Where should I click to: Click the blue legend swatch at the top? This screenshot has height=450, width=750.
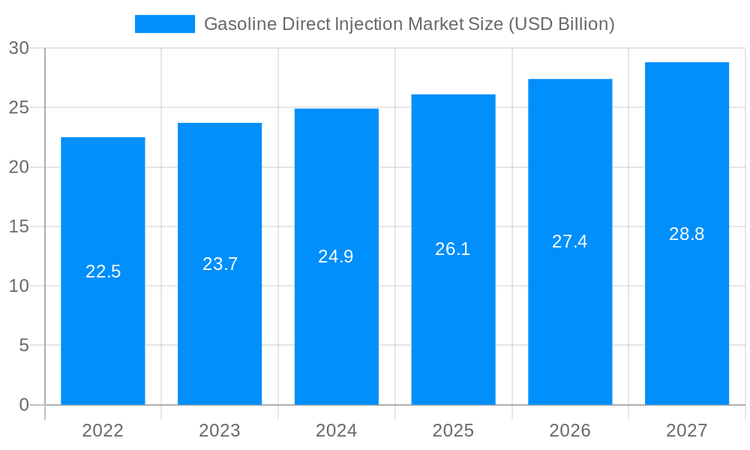[164, 24]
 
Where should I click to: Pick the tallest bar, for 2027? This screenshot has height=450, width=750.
[687, 315]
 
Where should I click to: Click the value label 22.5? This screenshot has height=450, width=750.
[103, 271]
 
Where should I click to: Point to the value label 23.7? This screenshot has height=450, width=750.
[220, 264]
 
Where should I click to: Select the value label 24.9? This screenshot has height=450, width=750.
[336, 256]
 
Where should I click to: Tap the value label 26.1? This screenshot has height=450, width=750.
[453, 249]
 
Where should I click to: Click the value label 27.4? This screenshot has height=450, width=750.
[570, 241]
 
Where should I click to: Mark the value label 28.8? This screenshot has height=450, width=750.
[687, 234]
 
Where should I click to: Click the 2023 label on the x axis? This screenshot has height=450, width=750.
[220, 430]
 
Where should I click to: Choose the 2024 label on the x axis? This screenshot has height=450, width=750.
[336, 430]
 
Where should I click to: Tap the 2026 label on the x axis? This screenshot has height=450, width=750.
[570, 430]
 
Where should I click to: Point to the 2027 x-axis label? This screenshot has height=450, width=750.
[687, 430]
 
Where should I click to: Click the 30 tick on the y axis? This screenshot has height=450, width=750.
[19, 48]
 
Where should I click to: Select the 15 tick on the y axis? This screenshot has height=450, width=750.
[19, 226]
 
